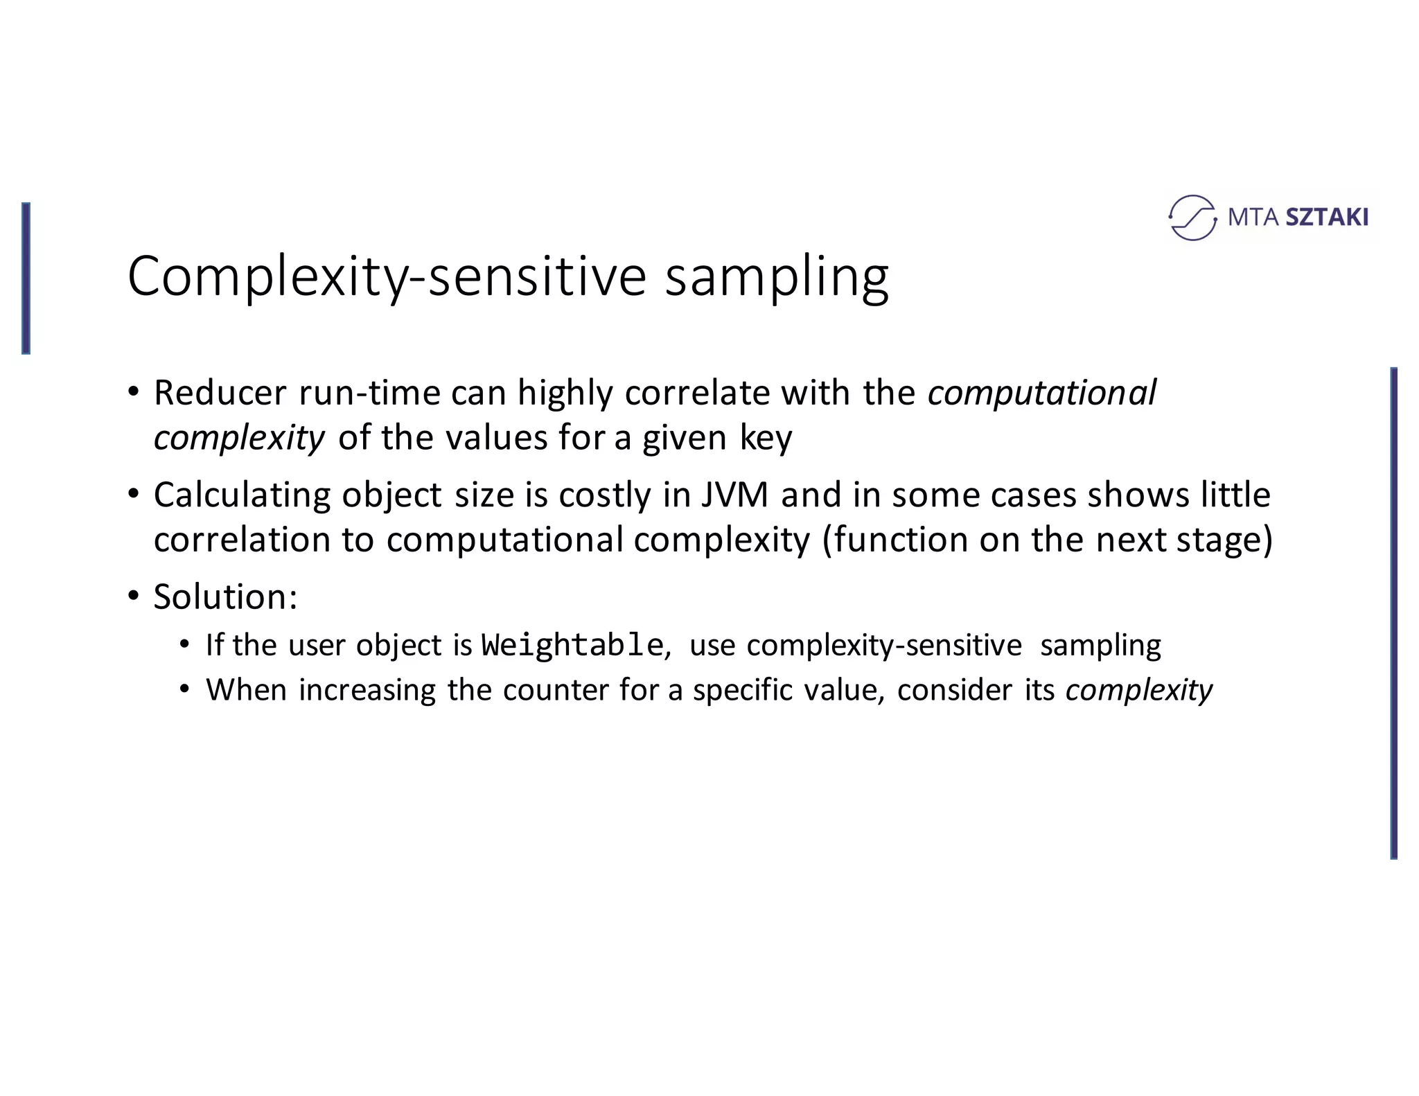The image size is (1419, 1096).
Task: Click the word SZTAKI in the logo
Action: pos(1326,218)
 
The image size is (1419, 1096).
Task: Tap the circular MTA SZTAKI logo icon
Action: pos(1192,218)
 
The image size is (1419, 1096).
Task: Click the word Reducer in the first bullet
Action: pos(220,393)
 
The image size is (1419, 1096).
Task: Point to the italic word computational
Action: pos(1041,393)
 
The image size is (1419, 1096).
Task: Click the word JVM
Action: pos(734,495)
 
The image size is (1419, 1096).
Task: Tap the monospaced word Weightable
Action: pos(572,645)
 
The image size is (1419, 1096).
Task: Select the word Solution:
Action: pos(225,596)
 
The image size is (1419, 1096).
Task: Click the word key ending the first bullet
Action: pos(765,438)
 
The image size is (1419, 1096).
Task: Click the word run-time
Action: pos(369,393)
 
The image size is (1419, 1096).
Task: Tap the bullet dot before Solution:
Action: pos(134,596)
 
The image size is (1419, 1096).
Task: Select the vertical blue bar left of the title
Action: pos(26,279)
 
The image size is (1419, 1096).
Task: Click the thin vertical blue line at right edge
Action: pos(1393,613)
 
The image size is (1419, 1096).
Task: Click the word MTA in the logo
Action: pos(1253,218)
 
